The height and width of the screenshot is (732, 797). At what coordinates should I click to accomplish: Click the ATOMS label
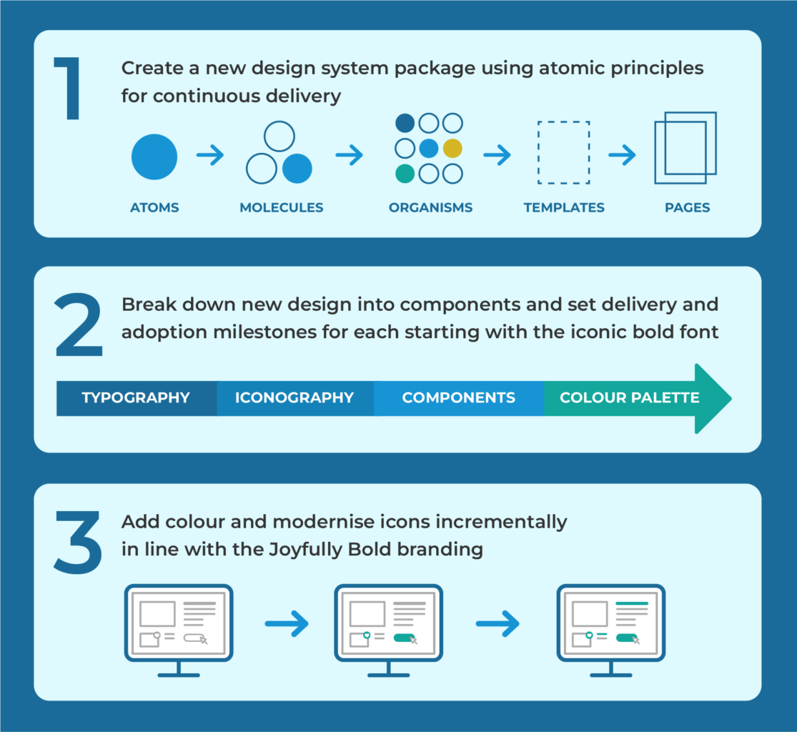[x=154, y=208]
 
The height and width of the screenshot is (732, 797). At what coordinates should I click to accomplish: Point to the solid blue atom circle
[x=154, y=157]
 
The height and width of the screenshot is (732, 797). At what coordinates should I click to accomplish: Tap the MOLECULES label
[x=282, y=208]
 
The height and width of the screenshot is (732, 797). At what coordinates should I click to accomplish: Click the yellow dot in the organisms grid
[x=452, y=149]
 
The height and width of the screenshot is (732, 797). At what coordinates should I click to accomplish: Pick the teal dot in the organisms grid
[x=405, y=174]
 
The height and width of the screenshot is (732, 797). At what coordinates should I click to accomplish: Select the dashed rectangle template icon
[x=564, y=152]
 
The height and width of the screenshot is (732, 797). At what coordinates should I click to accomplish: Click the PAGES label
[x=687, y=208]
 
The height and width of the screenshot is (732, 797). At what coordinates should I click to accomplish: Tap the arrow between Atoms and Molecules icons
[x=210, y=156]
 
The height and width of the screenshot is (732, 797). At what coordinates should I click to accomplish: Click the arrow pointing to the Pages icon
[x=622, y=155]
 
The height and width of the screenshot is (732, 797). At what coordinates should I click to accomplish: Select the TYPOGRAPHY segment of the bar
[x=136, y=398]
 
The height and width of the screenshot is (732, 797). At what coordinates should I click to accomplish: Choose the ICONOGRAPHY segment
[x=294, y=398]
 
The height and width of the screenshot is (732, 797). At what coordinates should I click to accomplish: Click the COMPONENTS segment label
[x=458, y=398]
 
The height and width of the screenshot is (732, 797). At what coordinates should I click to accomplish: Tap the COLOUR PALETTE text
[x=629, y=398]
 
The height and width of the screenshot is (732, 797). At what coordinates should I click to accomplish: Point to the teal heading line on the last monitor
[x=631, y=604]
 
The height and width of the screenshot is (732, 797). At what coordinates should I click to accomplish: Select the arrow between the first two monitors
[x=286, y=624]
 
